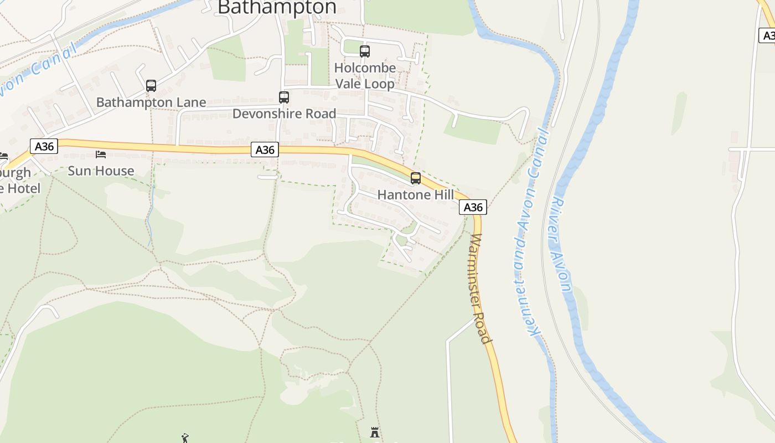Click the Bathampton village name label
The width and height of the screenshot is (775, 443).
[277, 7]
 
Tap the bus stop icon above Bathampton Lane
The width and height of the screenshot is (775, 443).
[151, 86]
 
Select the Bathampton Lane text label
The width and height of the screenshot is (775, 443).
[151, 102]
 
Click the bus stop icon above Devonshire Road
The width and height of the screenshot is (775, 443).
[284, 97]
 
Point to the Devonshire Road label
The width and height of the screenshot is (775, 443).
[284, 114]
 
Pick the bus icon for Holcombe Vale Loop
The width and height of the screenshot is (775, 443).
[365, 51]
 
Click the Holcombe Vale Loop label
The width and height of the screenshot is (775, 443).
[365, 76]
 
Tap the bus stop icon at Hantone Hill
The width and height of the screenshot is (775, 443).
[416, 178]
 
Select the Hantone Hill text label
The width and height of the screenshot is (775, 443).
[415, 195]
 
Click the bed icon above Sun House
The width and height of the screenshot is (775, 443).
[101, 154]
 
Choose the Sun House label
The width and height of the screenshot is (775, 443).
[101, 171]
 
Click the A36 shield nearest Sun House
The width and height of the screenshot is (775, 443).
[44, 146]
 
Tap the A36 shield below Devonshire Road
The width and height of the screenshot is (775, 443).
[265, 150]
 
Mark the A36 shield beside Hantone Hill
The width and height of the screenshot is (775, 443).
[473, 207]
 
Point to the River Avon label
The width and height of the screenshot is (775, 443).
[561, 244]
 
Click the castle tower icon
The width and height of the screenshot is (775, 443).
[375, 432]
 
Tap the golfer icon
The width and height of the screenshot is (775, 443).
[185, 438]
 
